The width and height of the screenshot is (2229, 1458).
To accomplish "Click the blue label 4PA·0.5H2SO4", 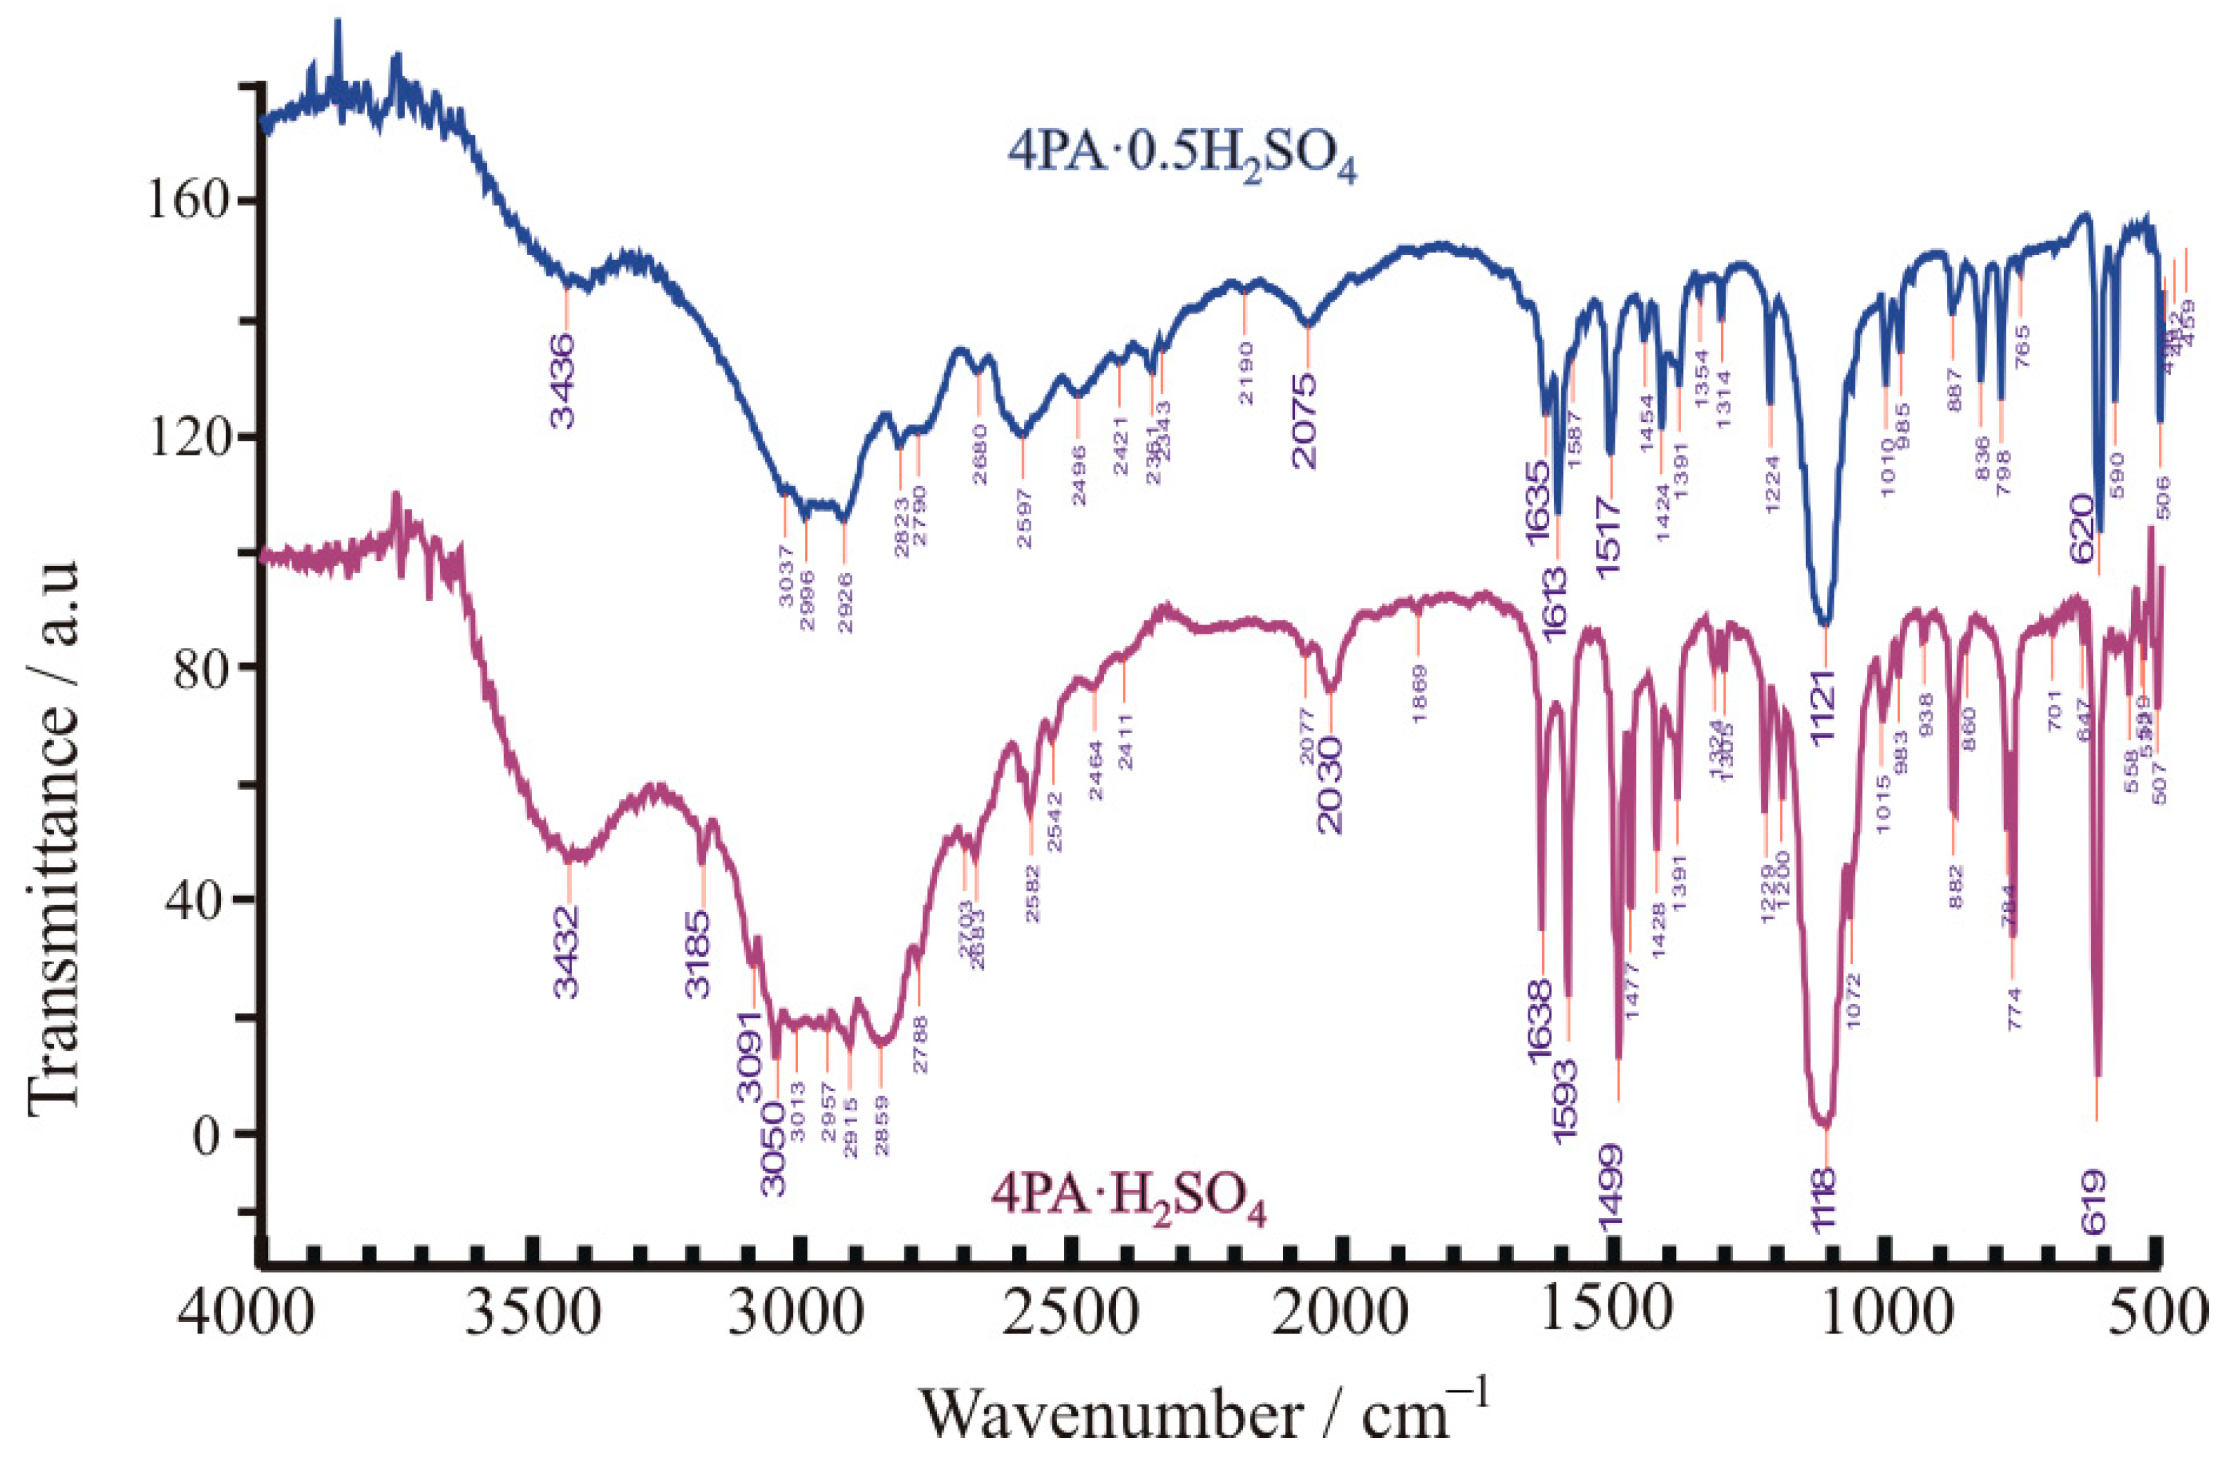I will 1182,158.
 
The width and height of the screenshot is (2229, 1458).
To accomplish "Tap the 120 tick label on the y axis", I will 188,437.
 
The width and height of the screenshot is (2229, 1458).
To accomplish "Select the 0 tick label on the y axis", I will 211,1134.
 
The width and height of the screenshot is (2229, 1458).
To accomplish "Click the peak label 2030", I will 1328,785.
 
